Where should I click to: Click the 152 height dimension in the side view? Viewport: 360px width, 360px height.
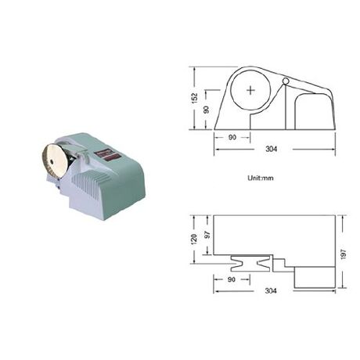click(195, 98)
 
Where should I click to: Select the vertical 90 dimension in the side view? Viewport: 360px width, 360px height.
click(207, 110)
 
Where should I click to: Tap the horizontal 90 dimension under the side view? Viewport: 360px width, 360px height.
click(232, 137)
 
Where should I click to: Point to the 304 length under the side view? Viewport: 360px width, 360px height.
click(272, 149)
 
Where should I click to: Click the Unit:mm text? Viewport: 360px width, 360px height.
click(261, 178)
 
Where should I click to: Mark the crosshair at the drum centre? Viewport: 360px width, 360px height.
click(250, 91)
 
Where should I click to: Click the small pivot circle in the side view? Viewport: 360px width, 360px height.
click(286, 81)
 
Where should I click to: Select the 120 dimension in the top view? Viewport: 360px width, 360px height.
click(194, 239)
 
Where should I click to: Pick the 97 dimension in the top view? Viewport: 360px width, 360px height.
click(207, 235)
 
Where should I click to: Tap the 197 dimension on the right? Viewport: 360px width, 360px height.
click(344, 254)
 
